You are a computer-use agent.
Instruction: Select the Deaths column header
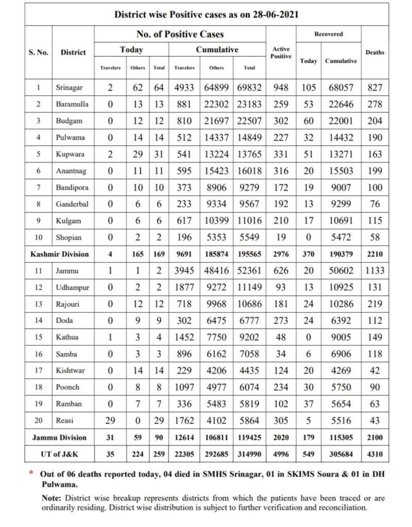[374, 52]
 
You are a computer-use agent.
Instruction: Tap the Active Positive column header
[281, 52]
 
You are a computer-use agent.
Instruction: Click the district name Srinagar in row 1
[68, 87]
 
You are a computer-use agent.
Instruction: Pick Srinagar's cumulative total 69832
[249, 87]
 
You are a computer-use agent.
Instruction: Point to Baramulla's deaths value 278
[375, 104]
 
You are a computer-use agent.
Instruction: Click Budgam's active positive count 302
[281, 120]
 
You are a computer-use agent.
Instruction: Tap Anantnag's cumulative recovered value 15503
[341, 170]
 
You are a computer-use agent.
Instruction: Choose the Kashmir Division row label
[59, 254]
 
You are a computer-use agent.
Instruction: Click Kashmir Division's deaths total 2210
[375, 254]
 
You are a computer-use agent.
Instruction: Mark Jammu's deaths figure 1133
[375, 270]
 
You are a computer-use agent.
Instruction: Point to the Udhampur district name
[72, 287]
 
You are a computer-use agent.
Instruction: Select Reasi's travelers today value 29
[110, 420]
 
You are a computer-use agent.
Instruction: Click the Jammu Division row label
[59, 437]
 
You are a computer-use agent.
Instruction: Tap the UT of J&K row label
[59, 454]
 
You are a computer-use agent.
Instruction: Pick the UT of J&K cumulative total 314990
[249, 454]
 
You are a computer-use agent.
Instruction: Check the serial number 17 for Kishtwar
[39, 370]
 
